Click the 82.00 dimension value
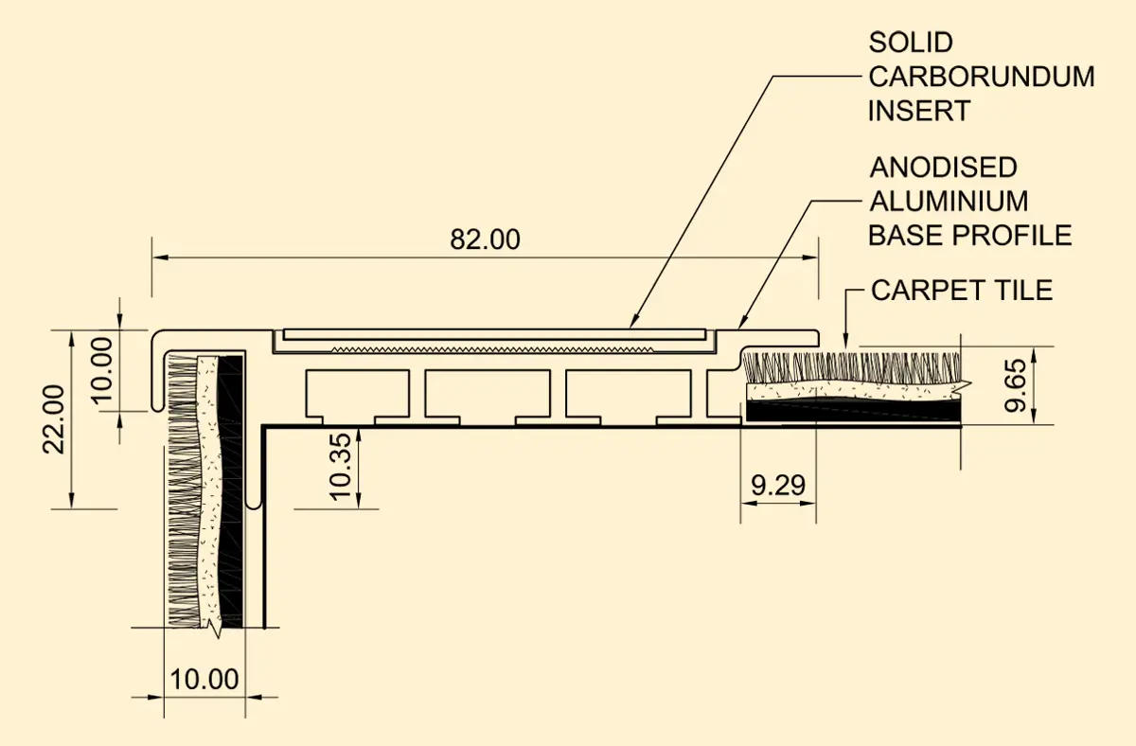point(485,240)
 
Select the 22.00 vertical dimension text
point(53,419)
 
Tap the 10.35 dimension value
point(340,467)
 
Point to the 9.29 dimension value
point(778,485)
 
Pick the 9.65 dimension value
point(1015,385)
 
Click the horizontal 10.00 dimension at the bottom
point(204,679)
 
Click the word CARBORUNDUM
point(982,77)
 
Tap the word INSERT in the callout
point(919,111)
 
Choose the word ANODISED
point(943,168)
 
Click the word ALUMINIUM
point(949,202)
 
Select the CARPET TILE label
point(962,290)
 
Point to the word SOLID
point(911,43)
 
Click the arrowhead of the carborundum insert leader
point(633,322)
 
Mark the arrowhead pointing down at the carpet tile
point(845,342)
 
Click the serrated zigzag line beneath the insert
point(492,349)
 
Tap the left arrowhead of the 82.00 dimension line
point(160,258)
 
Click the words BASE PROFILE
point(969,236)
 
